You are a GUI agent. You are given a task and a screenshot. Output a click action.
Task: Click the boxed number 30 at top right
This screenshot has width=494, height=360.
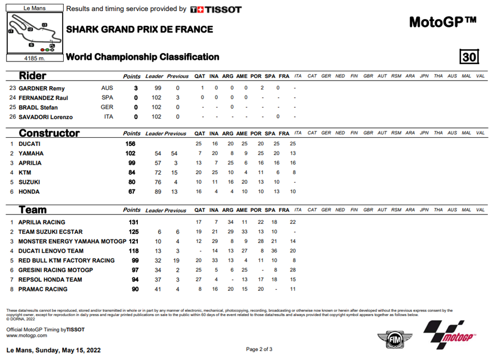469,57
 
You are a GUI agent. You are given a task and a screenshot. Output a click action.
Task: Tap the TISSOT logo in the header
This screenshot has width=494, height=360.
216,9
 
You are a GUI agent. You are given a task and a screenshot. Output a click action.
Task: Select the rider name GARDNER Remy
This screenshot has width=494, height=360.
42,88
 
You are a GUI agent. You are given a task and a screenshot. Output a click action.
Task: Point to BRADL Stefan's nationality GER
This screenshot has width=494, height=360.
107,108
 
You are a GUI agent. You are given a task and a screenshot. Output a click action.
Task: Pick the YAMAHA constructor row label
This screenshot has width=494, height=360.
31,154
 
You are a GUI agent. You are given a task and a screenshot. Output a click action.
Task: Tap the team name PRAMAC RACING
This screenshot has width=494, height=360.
43,289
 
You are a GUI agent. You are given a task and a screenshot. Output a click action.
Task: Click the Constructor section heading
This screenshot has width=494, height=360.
49,133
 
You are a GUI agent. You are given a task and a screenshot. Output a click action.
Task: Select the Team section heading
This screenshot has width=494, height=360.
32,210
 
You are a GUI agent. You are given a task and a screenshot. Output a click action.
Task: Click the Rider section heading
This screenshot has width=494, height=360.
32,76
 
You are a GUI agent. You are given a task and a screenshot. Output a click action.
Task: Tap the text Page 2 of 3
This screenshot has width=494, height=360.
259,350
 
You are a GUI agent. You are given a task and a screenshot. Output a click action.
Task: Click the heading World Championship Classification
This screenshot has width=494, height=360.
143,57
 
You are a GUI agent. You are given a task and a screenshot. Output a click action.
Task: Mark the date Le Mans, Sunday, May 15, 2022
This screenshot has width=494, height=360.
53,350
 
